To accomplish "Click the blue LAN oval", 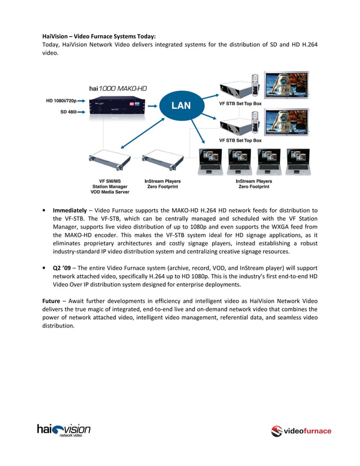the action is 181,105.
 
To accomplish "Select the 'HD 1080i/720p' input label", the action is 62,100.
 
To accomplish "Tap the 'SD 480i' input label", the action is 68,112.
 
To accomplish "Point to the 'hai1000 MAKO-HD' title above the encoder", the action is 118,88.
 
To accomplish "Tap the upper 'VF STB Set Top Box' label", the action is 240,104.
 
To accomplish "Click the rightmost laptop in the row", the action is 297,160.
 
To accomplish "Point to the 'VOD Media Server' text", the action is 111,192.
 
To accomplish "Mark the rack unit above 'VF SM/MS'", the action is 111,160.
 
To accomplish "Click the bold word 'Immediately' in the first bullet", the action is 70,210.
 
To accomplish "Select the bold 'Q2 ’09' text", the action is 62,267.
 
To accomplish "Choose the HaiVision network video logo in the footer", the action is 64,430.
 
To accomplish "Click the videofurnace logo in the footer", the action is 301,432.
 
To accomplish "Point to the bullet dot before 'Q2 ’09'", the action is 44,267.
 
